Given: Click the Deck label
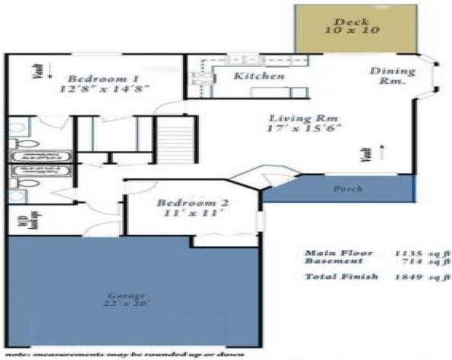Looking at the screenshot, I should tap(356, 20).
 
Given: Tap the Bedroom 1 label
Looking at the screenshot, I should tap(103, 78).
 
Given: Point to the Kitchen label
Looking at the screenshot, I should tap(259, 77).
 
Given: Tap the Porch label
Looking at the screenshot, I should tap(346, 188).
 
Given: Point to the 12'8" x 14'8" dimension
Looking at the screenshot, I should tap(103, 89).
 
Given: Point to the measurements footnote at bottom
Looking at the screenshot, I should tap(125, 354).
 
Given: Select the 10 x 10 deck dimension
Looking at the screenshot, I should tap(356, 31).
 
